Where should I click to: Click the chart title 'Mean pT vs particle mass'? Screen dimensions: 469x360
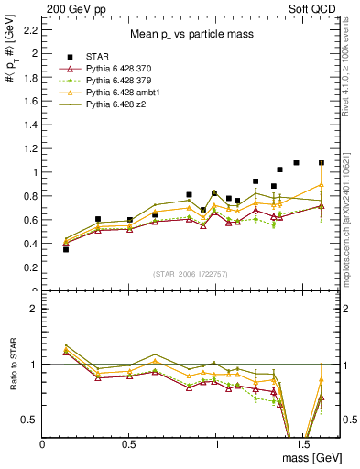pyautogui.click(x=191, y=34)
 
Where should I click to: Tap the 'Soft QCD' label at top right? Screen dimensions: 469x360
pyautogui.click(x=313, y=7)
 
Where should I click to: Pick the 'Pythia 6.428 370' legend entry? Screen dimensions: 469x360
pyautogui.click(x=119, y=69)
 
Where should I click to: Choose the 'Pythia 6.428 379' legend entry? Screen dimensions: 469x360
pyautogui.click(x=119, y=81)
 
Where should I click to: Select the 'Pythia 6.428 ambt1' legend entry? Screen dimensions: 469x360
pyautogui.click(x=123, y=93)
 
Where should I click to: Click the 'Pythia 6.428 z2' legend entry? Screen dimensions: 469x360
pyautogui.click(x=116, y=106)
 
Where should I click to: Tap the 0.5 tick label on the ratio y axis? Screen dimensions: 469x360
pyautogui.click(x=29, y=420)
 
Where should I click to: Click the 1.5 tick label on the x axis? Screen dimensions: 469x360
pyautogui.click(x=303, y=443)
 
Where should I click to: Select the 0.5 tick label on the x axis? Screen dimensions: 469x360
pyautogui.click(x=129, y=443)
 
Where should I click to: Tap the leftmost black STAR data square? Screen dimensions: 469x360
pyautogui.click(x=66, y=248)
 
